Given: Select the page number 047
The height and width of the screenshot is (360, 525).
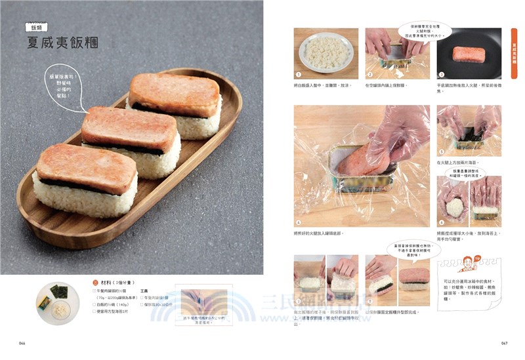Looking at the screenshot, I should (504, 343).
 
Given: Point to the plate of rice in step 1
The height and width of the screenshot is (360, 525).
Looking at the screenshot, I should (326, 52).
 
